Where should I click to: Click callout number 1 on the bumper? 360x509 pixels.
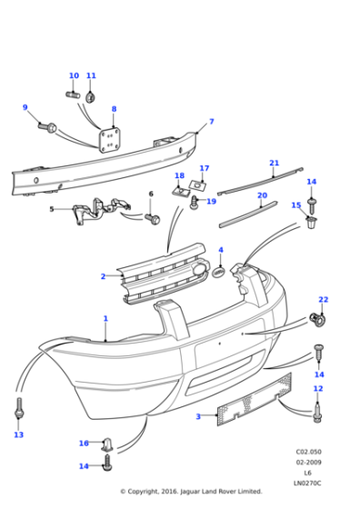tap(105, 319)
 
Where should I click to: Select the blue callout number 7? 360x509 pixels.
tap(211, 121)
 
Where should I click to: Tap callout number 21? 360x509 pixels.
tap(274, 164)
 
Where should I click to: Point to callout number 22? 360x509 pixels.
tap(323, 299)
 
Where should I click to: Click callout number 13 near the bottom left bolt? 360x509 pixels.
tap(18, 435)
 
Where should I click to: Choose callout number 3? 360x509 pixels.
tap(198, 416)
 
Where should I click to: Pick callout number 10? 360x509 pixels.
tap(74, 76)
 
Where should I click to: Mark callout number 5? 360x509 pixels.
tap(52, 209)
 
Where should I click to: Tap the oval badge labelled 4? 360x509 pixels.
tap(219, 269)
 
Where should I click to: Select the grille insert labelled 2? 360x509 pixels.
tap(159, 272)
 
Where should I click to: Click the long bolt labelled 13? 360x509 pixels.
tap(18, 411)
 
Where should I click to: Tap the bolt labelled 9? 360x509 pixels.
tap(50, 126)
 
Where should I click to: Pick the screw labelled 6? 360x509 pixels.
tap(152, 218)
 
